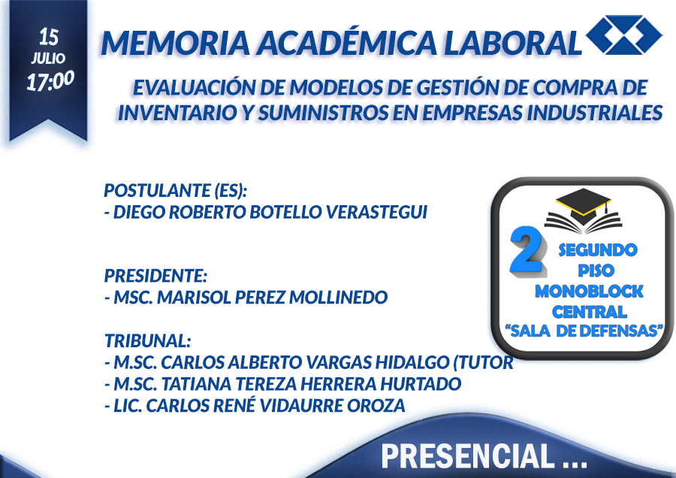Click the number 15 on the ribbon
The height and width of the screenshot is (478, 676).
point(48,37)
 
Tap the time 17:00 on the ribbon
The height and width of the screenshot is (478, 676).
point(50,80)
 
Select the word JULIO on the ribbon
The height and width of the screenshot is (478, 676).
point(48,58)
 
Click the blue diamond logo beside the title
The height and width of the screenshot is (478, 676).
point(624,35)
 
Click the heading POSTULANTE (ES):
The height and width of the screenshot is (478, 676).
point(176,190)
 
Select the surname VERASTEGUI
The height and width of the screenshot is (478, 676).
point(376,212)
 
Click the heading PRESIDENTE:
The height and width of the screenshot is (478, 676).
point(155,276)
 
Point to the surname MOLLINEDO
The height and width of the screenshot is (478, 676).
point(339,297)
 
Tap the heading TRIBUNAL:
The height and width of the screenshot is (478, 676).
point(147,340)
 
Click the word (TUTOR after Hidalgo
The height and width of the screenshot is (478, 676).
point(483,362)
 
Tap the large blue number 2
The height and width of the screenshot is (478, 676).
point(528,250)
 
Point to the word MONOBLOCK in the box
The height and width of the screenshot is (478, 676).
point(589,291)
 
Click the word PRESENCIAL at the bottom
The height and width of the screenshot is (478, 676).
point(468,455)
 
